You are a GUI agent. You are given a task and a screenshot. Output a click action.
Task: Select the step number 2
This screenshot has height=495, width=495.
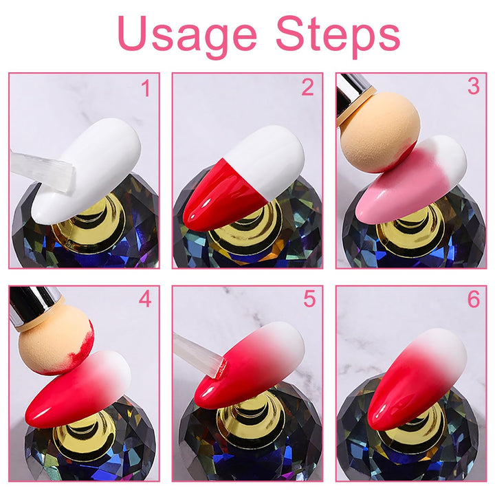(307, 88)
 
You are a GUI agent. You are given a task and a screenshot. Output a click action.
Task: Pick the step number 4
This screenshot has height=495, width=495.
(144, 300)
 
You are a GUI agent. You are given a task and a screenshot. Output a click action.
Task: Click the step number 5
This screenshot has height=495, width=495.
(309, 300)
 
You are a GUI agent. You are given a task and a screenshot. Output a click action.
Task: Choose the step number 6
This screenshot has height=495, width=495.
(472, 300)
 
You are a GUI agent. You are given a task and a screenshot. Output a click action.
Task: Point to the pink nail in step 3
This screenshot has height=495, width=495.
(406, 182)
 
